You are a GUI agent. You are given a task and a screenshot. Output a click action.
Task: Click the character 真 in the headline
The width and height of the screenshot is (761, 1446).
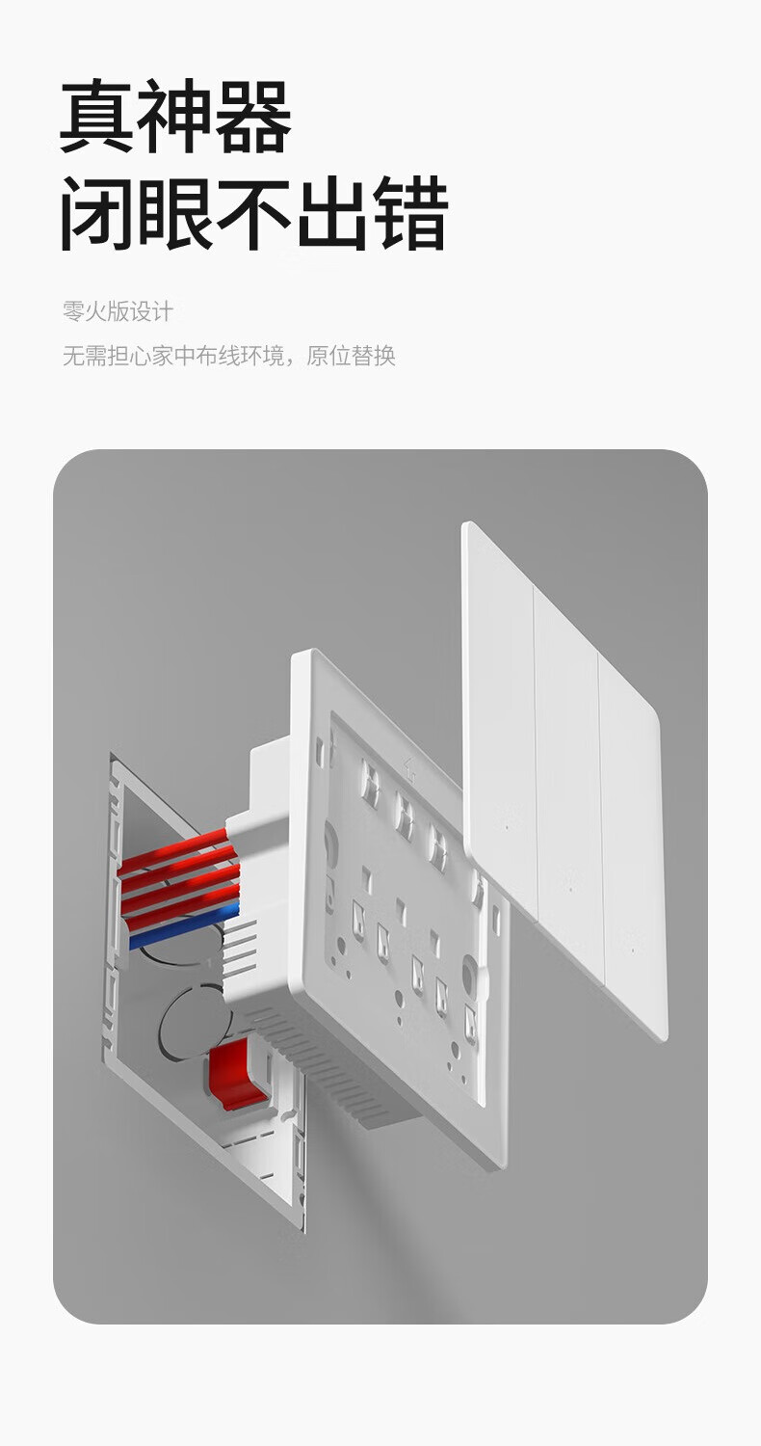97,117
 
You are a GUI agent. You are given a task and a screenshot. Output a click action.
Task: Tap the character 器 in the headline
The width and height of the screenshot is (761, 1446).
253,117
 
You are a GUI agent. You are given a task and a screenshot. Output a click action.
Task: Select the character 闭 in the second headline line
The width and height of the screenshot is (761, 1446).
97,214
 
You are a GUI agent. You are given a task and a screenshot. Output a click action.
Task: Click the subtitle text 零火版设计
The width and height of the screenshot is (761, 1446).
118,311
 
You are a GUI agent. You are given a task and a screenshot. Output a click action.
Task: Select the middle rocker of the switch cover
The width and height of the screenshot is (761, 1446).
568,762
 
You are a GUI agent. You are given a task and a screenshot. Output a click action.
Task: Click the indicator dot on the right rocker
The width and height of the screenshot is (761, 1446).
633,950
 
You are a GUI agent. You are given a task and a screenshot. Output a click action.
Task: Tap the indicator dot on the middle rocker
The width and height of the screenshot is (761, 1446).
570,889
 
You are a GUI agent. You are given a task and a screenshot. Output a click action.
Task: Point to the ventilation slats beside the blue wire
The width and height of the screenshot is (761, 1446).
241,950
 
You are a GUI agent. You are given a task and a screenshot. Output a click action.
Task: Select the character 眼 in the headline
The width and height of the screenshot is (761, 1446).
175,214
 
